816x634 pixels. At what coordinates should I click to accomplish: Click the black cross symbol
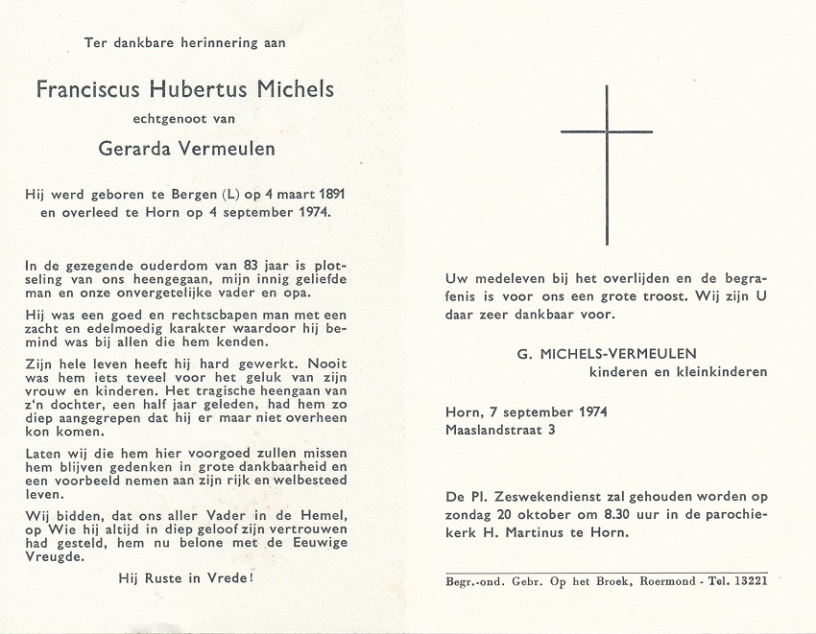[x=607, y=163]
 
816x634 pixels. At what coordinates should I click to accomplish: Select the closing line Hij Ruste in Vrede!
[x=185, y=577]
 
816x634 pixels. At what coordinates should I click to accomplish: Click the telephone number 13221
[x=748, y=581]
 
